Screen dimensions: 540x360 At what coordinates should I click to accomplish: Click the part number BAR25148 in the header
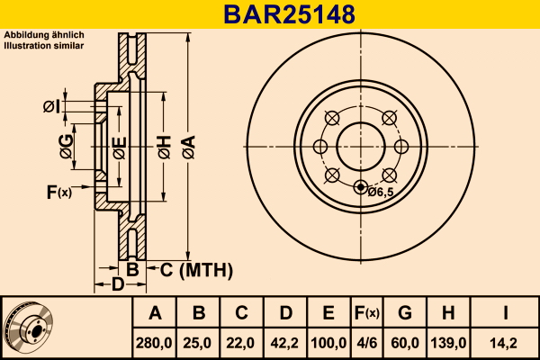click(289, 14)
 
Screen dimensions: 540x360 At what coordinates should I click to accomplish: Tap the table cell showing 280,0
click(154, 343)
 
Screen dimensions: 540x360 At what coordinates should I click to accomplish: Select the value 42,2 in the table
click(284, 343)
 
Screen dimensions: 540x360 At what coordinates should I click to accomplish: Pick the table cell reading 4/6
click(367, 343)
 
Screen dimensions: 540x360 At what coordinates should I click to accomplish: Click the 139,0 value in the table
click(448, 343)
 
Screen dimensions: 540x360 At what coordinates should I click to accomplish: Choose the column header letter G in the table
click(405, 313)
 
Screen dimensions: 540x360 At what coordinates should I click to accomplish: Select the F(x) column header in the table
click(367, 313)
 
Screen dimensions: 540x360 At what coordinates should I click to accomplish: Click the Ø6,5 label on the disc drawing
click(381, 193)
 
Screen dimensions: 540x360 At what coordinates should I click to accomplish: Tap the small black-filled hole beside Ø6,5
click(361, 187)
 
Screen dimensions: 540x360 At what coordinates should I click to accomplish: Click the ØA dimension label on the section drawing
click(189, 147)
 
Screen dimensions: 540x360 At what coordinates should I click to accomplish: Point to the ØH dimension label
click(165, 147)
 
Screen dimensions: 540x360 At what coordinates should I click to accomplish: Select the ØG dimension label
click(67, 147)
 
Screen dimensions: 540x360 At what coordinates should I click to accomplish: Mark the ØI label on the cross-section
click(51, 107)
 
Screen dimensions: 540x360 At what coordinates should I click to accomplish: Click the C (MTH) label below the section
click(196, 270)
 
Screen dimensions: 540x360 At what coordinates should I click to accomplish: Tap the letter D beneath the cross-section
click(118, 284)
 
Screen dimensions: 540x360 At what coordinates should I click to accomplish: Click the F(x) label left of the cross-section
click(59, 193)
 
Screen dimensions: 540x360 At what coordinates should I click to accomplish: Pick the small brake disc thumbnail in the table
click(28, 328)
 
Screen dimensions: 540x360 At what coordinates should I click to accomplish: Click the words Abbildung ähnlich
click(44, 35)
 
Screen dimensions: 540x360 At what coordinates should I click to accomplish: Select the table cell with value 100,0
click(328, 343)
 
